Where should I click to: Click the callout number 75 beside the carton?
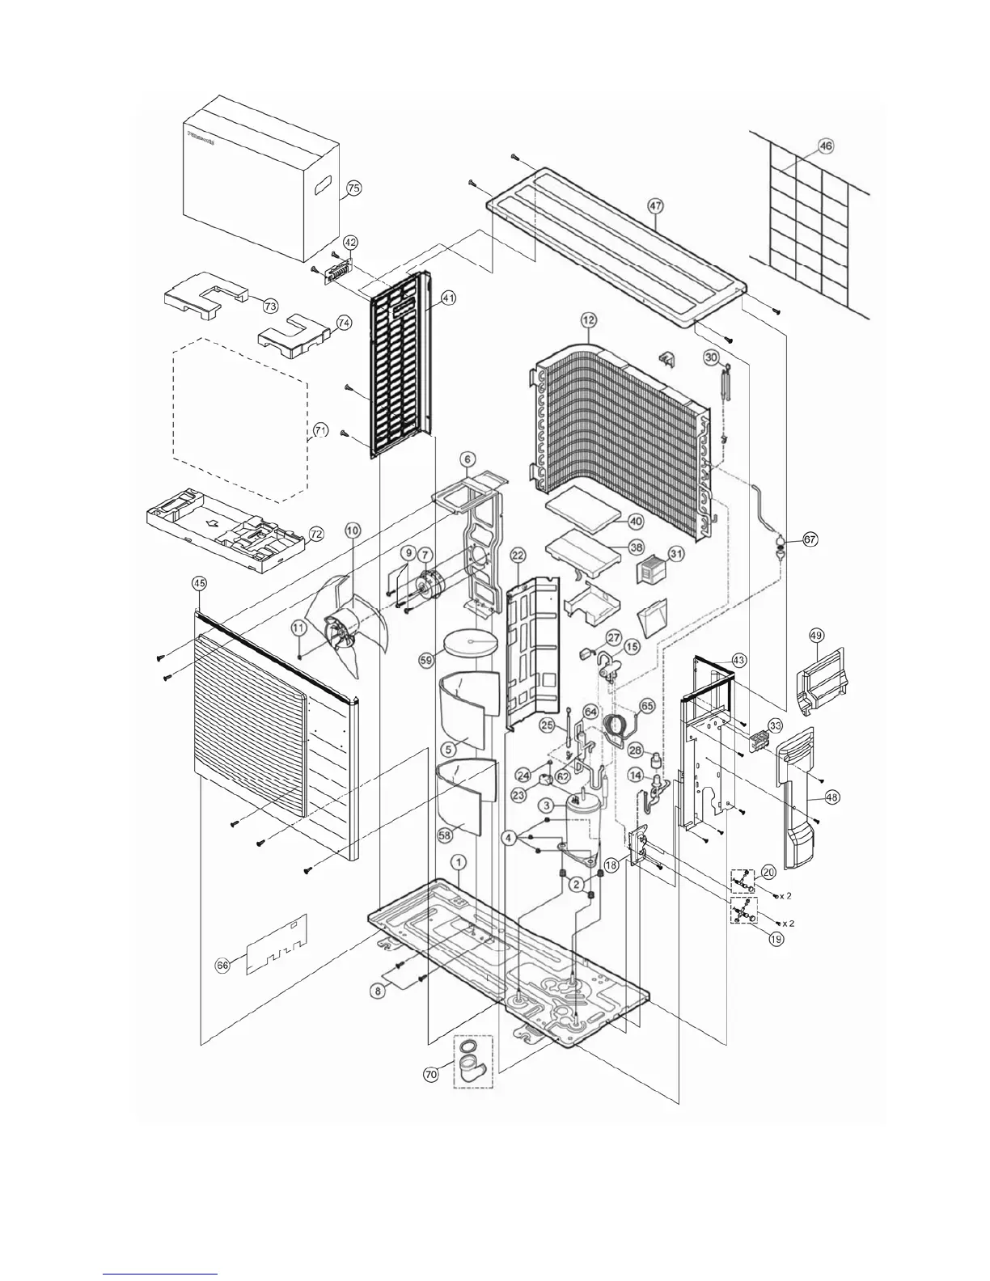pyautogui.click(x=353, y=188)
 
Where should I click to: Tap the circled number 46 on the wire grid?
pyautogui.click(x=825, y=146)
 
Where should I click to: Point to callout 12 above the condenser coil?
pyautogui.click(x=587, y=321)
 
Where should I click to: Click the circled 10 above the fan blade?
pyautogui.click(x=353, y=530)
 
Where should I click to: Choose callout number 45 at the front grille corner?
pyautogui.click(x=198, y=582)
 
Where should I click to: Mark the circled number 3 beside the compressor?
pyautogui.click(x=548, y=805)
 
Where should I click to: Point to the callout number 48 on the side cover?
pyautogui.click(x=832, y=797)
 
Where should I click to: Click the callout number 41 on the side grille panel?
pyautogui.click(x=449, y=298)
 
